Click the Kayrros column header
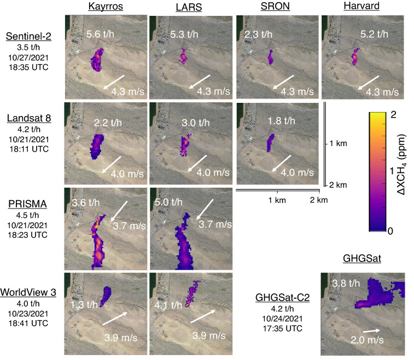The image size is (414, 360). coord(106,7)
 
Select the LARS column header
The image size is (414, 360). coord(189,7)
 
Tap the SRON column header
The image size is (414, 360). coord(275,7)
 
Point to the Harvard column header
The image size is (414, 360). coord(361,6)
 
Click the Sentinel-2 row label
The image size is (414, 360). coord(28,37)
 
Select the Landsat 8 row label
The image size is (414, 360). coord(29,118)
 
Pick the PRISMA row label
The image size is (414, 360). coord(27,204)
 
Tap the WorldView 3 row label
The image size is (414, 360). coord(28,292)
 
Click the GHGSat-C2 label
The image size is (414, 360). coord(283,298)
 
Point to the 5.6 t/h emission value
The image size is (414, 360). coord(100,34)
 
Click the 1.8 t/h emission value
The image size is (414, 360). coord(282,121)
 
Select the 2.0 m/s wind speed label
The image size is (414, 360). coord(367,340)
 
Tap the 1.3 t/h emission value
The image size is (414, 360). coord(84,305)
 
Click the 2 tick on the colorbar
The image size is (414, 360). coord(393,115)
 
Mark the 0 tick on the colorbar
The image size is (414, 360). coord(390,231)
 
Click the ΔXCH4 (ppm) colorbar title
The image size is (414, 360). coord(401,165)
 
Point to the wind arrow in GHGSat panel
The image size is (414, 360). coord(371,330)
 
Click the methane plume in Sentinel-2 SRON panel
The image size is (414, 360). coord(270,57)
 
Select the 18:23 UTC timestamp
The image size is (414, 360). coord(27,235)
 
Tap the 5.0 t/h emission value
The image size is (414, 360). coord(168,202)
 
